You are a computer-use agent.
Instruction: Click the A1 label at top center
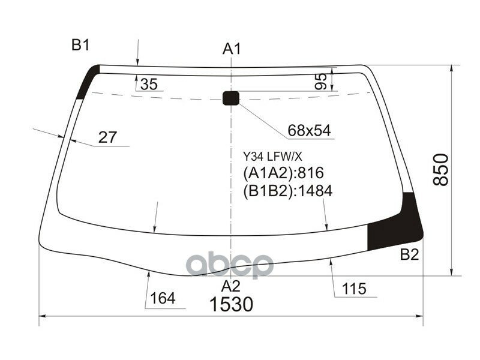tap(232, 49)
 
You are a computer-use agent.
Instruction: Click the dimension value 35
tap(148, 85)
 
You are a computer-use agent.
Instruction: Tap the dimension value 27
tap(107, 137)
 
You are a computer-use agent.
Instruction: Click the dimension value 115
tap(354, 289)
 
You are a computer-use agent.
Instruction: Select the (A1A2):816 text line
tap(283, 174)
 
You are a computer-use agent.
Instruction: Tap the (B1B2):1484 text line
tap(287, 191)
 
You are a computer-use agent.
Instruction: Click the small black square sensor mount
tap(231, 98)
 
